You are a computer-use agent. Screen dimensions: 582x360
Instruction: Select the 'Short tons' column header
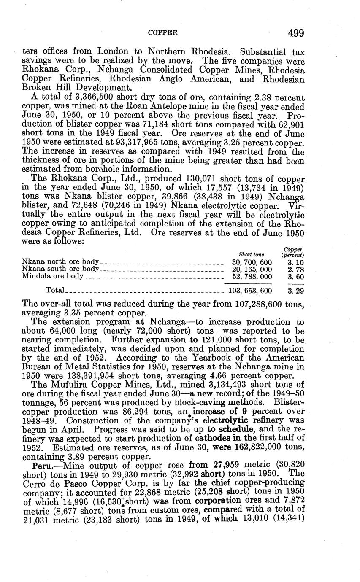pos(251,255)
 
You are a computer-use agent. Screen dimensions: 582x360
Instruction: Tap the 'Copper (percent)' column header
pos(293,252)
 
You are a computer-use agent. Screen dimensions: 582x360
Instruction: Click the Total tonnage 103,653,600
pos(250,290)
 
